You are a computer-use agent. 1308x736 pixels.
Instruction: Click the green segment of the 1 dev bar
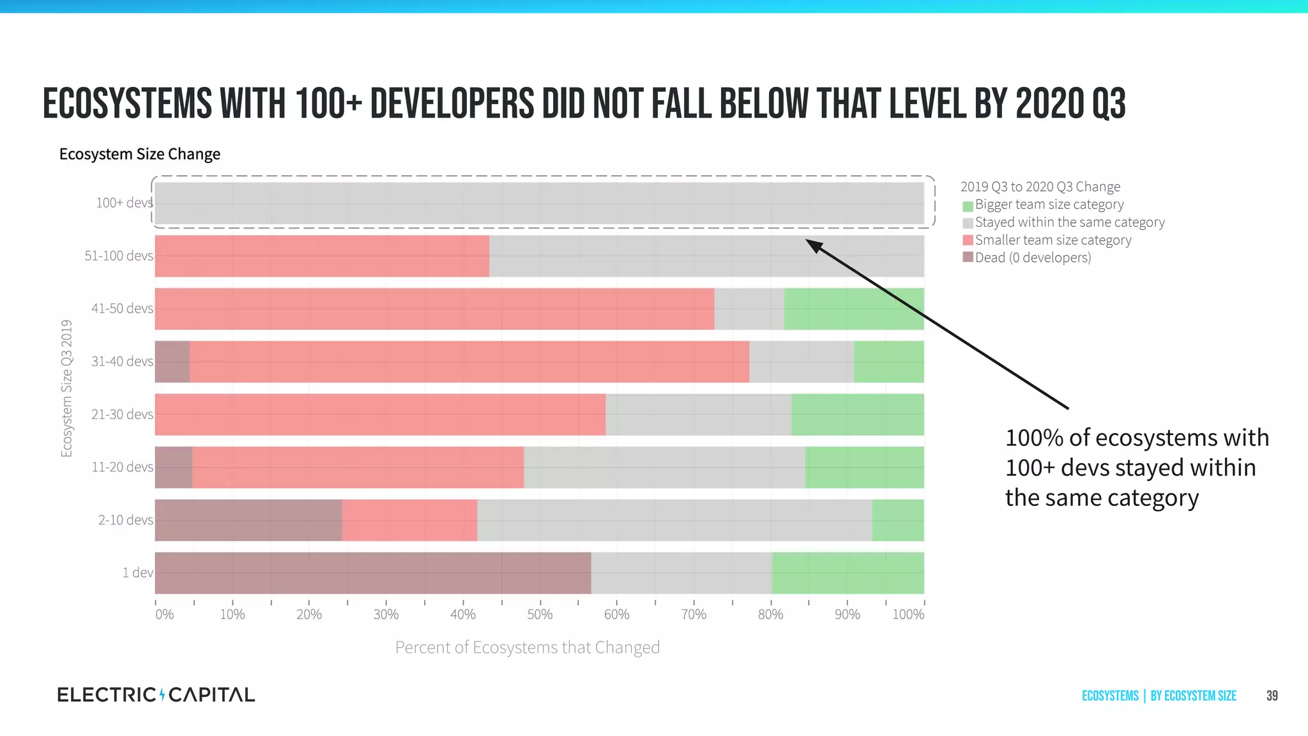(x=848, y=573)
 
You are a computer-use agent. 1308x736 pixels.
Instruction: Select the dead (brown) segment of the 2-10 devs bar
(x=248, y=520)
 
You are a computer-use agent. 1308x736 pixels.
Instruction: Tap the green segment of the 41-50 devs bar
(x=853, y=309)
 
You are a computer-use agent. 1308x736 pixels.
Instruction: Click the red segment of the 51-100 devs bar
(x=322, y=256)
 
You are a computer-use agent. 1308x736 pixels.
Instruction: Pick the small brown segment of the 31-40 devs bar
(x=172, y=362)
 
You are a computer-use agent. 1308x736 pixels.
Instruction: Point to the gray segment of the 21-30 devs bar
(x=698, y=415)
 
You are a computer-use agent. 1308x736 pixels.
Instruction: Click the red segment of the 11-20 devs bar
(x=358, y=468)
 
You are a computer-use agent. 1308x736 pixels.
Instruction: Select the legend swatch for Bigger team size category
(x=968, y=206)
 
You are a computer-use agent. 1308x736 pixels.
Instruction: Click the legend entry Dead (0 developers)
(x=1033, y=257)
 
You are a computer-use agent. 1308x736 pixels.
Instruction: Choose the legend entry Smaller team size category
(x=1053, y=240)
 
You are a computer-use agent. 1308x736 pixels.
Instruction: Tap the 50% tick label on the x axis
(x=540, y=615)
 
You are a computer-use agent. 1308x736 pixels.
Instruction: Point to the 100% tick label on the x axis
(x=908, y=615)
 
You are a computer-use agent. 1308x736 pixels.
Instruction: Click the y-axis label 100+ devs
(x=124, y=203)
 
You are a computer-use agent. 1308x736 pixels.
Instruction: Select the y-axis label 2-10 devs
(x=125, y=520)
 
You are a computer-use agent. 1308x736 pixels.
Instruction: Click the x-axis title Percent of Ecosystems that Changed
(x=527, y=648)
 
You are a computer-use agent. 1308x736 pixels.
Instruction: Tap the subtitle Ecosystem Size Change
(x=139, y=155)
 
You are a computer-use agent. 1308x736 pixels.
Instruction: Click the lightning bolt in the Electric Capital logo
(x=162, y=694)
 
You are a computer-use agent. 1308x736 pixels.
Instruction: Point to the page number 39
(x=1272, y=696)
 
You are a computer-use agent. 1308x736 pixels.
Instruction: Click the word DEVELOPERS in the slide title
(x=452, y=104)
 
